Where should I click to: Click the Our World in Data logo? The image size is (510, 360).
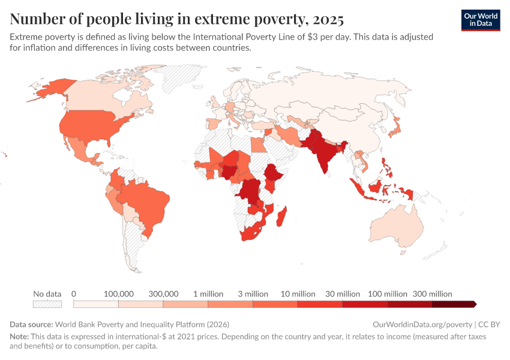point(480,20)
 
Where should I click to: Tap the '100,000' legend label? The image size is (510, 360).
point(119,294)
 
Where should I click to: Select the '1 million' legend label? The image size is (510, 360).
point(208,294)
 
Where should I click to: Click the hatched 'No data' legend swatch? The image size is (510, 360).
point(47,304)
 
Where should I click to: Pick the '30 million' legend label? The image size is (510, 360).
point(342,294)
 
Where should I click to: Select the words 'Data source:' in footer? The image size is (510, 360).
point(31,324)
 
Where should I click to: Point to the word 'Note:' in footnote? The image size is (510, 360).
point(20,337)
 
